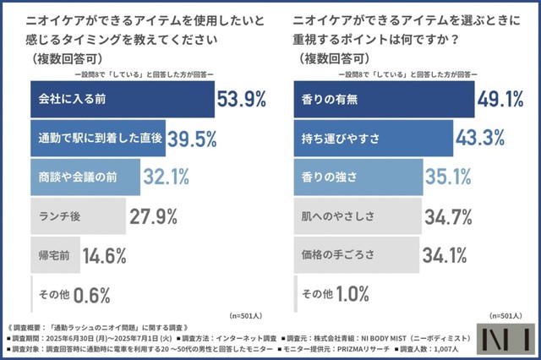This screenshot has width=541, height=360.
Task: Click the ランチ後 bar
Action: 78,215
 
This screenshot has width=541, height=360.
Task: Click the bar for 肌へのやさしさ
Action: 355,215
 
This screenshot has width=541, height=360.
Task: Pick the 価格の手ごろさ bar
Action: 355,254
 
